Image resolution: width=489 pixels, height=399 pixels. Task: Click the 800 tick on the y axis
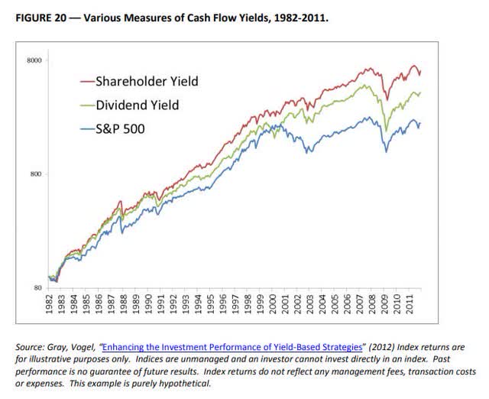(x=34, y=174)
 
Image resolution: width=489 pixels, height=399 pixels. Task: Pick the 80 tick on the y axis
(x=37, y=288)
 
